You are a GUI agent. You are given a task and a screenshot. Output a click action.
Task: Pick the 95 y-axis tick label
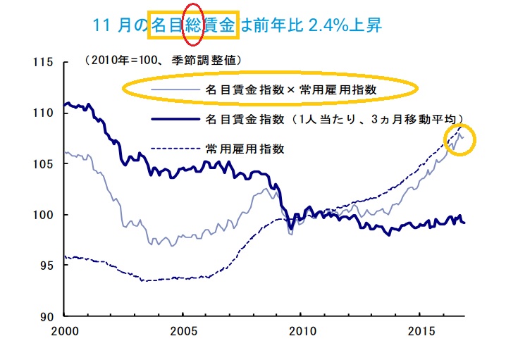47,266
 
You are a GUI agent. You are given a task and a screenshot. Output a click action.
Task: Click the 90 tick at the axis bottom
47,316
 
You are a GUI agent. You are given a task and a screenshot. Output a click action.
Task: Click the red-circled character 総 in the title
192,25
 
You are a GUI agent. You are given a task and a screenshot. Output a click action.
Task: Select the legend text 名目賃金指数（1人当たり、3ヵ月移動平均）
334,118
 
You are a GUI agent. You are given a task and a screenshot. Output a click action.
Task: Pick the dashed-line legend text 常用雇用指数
245,148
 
